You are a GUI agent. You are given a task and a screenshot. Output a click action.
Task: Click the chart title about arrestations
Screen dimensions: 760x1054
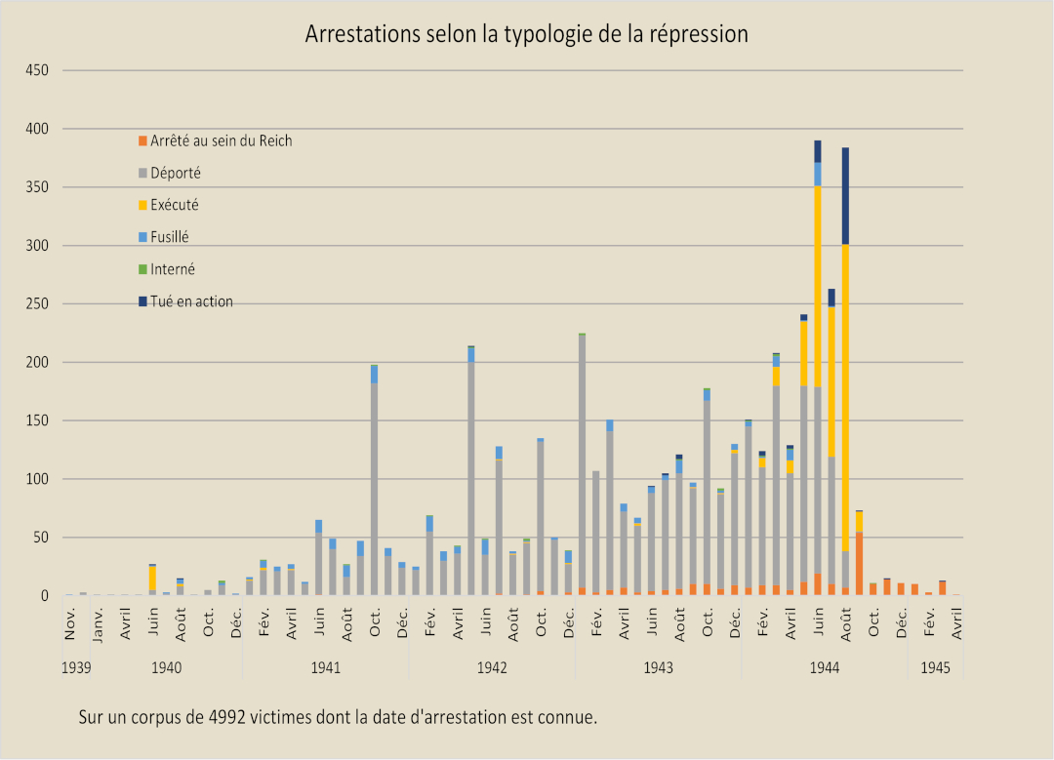point(526,34)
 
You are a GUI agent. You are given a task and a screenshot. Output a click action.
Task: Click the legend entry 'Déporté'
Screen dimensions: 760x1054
point(176,173)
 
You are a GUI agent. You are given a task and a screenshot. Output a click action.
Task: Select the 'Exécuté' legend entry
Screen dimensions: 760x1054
point(176,205)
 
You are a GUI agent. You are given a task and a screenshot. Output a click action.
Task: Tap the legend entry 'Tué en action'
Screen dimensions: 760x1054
point(191,301)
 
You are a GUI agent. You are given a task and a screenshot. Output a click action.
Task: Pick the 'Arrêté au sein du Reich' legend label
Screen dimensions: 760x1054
point(221,140)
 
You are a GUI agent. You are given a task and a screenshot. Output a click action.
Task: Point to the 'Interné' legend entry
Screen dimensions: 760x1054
point(173,269)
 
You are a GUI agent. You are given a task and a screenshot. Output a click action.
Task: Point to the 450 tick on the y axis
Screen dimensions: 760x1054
point(36,70)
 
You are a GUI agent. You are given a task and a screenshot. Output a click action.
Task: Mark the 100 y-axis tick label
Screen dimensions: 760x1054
point(36,479)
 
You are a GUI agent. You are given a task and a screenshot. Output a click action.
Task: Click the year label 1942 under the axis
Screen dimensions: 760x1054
point(492,668)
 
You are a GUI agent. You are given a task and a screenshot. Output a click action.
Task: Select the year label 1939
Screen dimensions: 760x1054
point(76,668)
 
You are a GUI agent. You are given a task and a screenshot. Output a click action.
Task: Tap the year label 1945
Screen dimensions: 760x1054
point(935,668)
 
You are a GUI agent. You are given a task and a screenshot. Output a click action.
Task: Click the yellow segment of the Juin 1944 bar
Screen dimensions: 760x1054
point(818,263)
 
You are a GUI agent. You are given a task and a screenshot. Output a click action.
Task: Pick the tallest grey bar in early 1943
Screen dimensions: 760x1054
point(583,459)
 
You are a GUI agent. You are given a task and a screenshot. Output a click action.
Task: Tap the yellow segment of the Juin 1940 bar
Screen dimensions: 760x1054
point(152,578)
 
